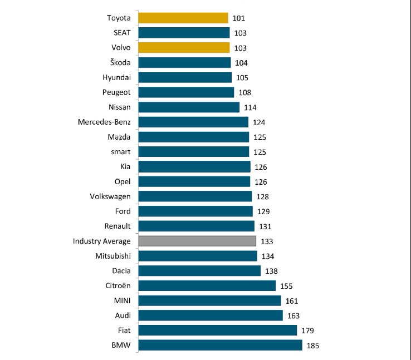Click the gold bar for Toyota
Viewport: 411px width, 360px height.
(183, 18)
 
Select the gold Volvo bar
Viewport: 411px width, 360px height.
(184, 47)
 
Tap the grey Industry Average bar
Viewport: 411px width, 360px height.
(197, 241)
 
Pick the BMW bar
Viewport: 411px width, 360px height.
(220, 345)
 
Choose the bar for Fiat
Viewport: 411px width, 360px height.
(217, 331)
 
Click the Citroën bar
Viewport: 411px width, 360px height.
(207, 285)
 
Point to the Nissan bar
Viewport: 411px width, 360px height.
(188, 107)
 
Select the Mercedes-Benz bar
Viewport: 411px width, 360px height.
(193, 122)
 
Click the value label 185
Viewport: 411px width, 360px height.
(314, 346)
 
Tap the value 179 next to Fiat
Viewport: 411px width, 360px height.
(308, 331)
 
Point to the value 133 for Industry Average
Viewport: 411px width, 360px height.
(267, 241)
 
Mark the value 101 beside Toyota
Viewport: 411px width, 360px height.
(239, 18)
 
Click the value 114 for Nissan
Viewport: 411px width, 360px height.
(251, 107)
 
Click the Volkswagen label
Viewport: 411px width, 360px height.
(110, 196)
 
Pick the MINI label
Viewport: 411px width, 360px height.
(121, 300)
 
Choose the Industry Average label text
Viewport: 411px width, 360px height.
(102, 241)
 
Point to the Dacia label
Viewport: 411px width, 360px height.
(121, 270)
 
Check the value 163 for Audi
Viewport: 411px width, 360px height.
(294, 315)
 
